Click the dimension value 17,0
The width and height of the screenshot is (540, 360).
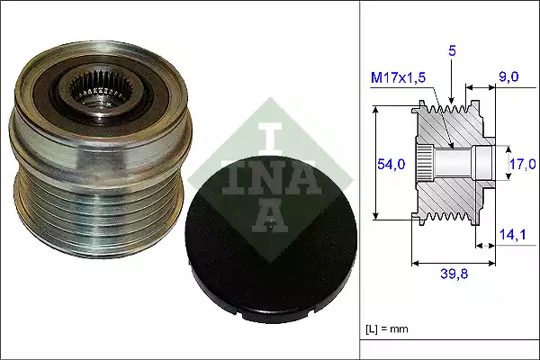click(523, 164)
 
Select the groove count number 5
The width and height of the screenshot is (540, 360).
click(453, 52)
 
